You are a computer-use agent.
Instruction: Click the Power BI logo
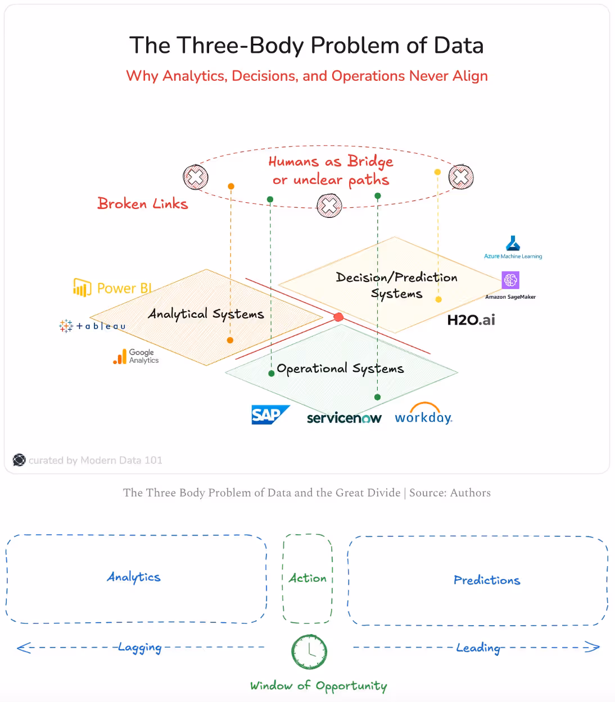click(x=82, y=288)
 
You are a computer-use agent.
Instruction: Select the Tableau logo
click(x=66, y=326)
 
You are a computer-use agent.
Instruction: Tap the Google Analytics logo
click(x=120, y=357)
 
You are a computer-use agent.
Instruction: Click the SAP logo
click(x=270, y=414)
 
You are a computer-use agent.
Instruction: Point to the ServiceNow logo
click(x=344, y=418)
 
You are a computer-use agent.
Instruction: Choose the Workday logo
click(x=423, y=416)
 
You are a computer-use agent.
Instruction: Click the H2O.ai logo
click(x=471, y=320)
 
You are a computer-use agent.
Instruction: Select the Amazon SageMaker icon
click(x=510, y=280)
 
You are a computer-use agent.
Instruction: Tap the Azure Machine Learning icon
click(x=513, y=243)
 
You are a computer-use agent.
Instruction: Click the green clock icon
click(x=309, y=652)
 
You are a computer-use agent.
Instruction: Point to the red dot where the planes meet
click(x=338, y=317)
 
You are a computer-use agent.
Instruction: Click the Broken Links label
click(x=143, y=203)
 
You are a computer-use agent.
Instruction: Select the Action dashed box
click(x=307, y=578)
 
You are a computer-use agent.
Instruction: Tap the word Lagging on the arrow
click(x=140, y=648)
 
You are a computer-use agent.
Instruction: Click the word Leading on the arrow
click(x=478, y=648)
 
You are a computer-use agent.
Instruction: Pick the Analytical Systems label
click(x=206, y=314)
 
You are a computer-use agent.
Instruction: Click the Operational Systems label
click(x=340, y=368)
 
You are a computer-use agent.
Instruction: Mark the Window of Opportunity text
click(x=318, y=686)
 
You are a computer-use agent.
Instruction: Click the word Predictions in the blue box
click(x=487, y=580)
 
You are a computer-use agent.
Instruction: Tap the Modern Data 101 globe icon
click(x=19, y=460)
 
